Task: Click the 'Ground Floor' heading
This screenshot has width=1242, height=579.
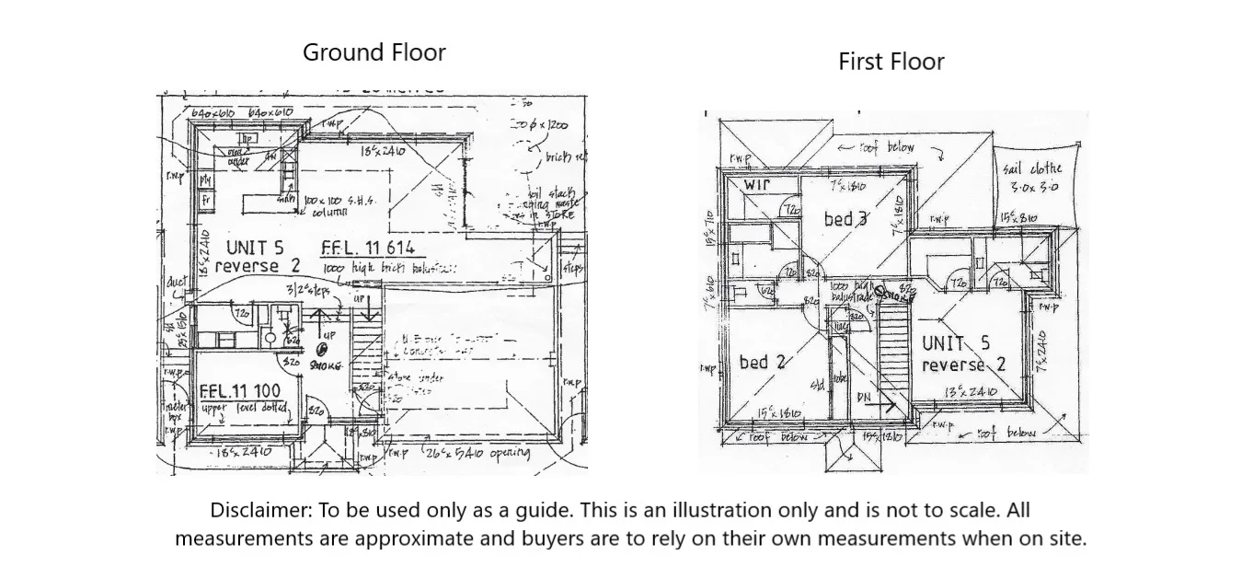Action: (374, 52)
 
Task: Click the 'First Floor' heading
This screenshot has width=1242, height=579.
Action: (891, 62)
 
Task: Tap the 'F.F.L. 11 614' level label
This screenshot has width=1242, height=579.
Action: (368, 248)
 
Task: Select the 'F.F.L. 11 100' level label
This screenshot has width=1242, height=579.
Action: (240, 391)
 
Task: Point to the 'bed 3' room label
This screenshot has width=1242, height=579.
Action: (845, 219)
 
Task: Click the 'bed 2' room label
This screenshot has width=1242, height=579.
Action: (762, 362)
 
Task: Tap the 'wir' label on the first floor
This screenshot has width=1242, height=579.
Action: (756, 185)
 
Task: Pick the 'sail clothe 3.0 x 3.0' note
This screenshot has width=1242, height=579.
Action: (1031, 177)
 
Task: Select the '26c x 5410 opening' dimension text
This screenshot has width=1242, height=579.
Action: (477, 452)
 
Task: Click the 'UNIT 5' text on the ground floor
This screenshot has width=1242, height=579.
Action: (255, 248)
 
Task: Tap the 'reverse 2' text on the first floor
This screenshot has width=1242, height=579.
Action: (963, 365)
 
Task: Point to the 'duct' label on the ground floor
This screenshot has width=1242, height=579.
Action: (176, 282)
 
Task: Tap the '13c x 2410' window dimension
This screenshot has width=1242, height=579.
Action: (971, 392)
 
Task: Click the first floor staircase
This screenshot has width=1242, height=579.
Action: (892, 354)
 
